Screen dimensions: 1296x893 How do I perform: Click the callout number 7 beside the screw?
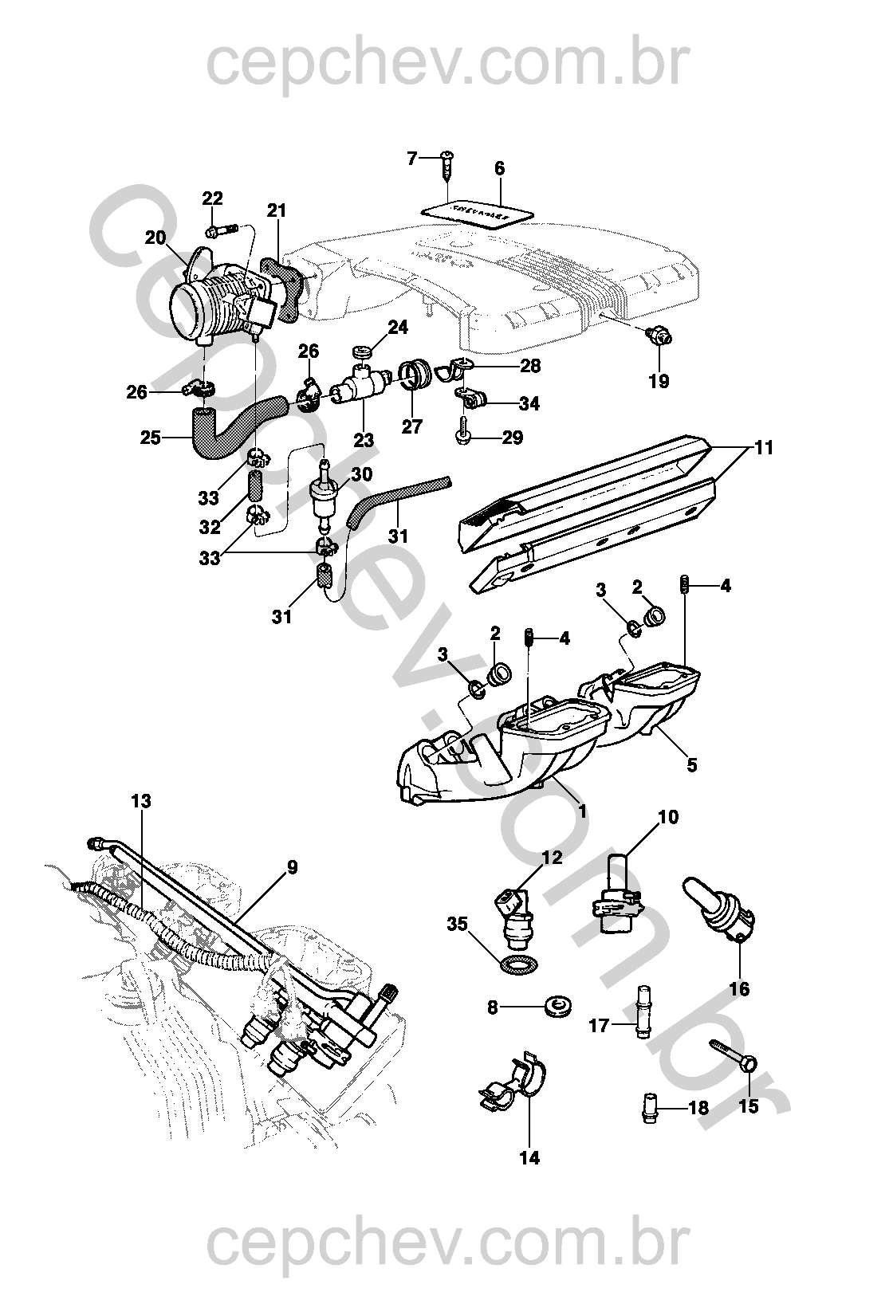click(x=412, y=158)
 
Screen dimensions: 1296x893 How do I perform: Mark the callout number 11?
click(x=764, y=448)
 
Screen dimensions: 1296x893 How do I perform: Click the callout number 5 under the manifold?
click(x=691, y=764)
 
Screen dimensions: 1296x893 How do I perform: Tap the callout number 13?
click(x=140, y=800)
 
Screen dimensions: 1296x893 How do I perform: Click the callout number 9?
click(x=292, y=866)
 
